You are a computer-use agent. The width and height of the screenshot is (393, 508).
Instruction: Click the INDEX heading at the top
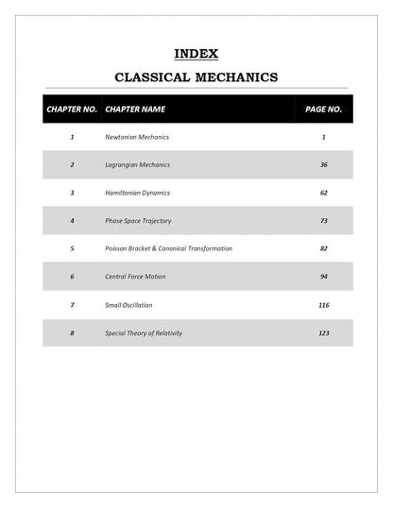click(196, 54)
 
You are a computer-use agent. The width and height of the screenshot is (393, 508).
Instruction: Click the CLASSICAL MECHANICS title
click(196, 77)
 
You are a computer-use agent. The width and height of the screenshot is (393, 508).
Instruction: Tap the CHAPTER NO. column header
click(71, 110)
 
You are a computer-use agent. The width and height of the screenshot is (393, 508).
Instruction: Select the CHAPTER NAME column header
click(135, 110)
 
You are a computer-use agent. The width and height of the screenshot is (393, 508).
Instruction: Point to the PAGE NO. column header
click(323, 110)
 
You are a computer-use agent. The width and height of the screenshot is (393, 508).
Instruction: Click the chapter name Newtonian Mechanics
click(137, 137)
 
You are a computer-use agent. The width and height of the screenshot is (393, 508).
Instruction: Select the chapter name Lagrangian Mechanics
click(138, 165)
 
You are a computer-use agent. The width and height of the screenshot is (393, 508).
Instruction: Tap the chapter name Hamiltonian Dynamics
click(138, 193)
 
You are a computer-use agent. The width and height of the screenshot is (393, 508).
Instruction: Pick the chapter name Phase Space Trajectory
click(139, 221)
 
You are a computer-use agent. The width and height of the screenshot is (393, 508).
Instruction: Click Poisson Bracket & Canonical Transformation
click(168, 248)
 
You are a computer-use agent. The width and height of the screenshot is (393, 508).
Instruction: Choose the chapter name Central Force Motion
click(138, 277)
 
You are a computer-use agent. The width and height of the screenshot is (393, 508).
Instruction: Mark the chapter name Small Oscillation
click(128, 305)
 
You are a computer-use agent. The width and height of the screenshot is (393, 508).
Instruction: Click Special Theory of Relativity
click(144, 332)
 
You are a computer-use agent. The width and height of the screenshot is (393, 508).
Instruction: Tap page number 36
click(323, 165)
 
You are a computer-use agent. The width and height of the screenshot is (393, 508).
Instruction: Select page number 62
click(323, 193)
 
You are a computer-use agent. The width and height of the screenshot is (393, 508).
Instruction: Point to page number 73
click(323, 221)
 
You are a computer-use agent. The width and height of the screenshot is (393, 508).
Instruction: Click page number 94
click(323, 277)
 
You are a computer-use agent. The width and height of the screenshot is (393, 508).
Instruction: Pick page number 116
click(323, 305)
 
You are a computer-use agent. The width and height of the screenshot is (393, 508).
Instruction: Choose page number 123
click(323, 332)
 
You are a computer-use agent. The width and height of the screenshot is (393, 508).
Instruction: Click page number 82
click(323, 248)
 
